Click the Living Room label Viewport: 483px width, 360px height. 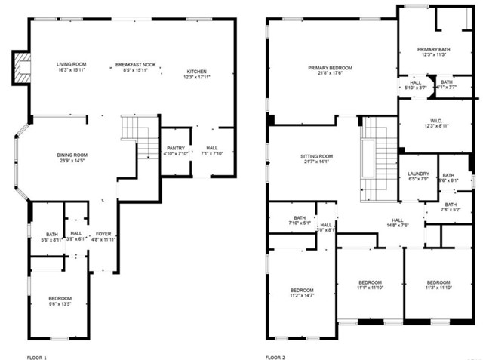72,65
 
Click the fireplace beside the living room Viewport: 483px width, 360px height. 23,67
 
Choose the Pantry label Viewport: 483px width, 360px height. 175,148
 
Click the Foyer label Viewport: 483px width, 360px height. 103,234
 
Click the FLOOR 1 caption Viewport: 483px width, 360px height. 37,355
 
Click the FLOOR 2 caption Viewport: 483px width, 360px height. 276,355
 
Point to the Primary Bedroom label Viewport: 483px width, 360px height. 330,68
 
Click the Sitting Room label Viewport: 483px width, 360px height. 317,156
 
